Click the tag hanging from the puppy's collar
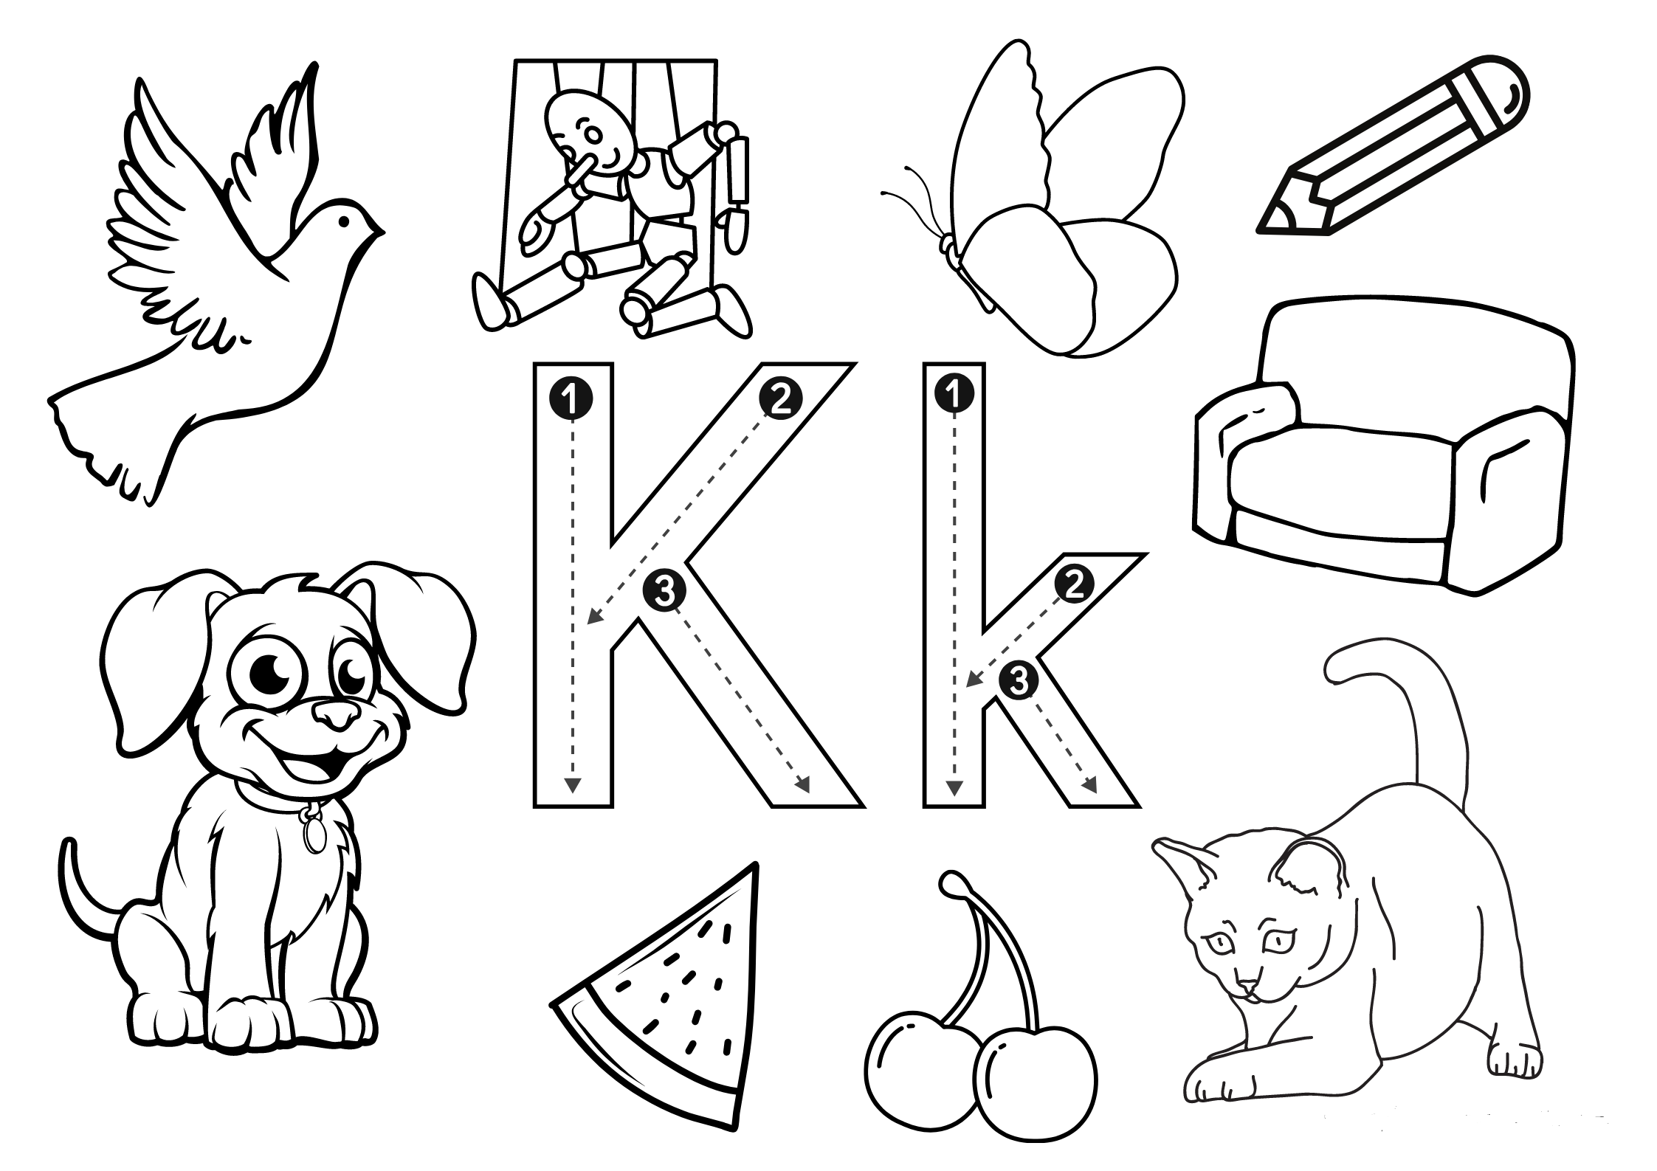[316, 835]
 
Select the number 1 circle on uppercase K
[571, 399]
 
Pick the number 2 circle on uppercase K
[779, 399]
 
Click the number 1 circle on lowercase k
[954, 395]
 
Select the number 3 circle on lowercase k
[1018, 681]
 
